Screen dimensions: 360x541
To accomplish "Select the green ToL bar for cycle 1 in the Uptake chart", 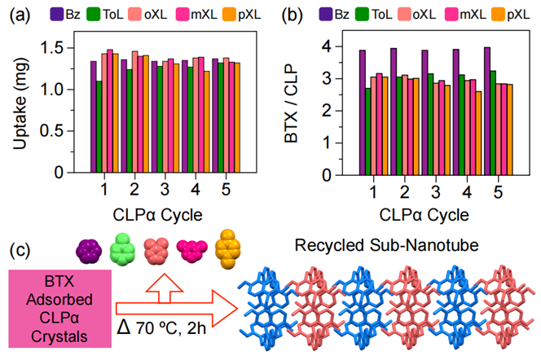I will [x=99, y=126].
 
